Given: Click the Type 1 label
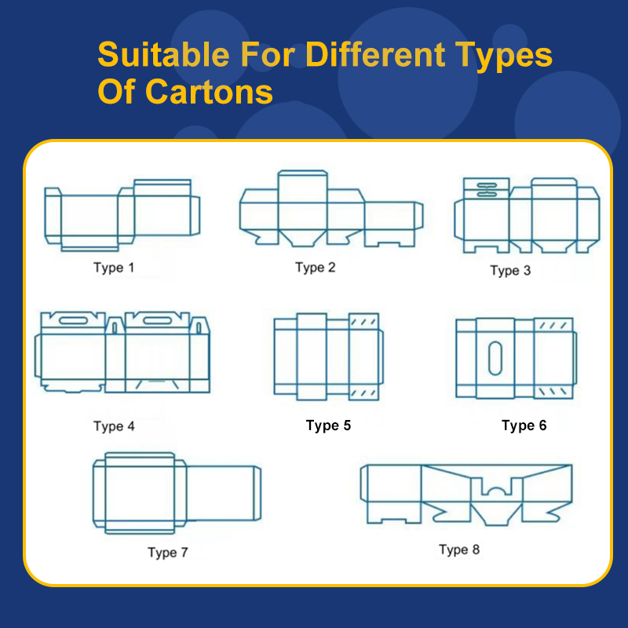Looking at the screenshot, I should coord(114,268).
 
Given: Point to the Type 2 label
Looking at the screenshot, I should coord(315,268).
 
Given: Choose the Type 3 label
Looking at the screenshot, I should coord(510,271).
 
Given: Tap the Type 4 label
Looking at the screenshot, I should coord(114,426).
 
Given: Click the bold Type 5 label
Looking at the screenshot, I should coord(328,425).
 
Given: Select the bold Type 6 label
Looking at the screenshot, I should coord(524,425).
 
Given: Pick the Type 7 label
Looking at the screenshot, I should coord(167,553).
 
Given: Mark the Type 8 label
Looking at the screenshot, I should coord(458,549).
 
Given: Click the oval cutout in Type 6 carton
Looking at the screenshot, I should coord(495,358).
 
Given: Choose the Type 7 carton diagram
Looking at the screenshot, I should coord(177,493).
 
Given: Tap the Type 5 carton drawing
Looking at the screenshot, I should coord(327,357).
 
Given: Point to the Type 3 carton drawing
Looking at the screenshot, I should coord(526,215).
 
